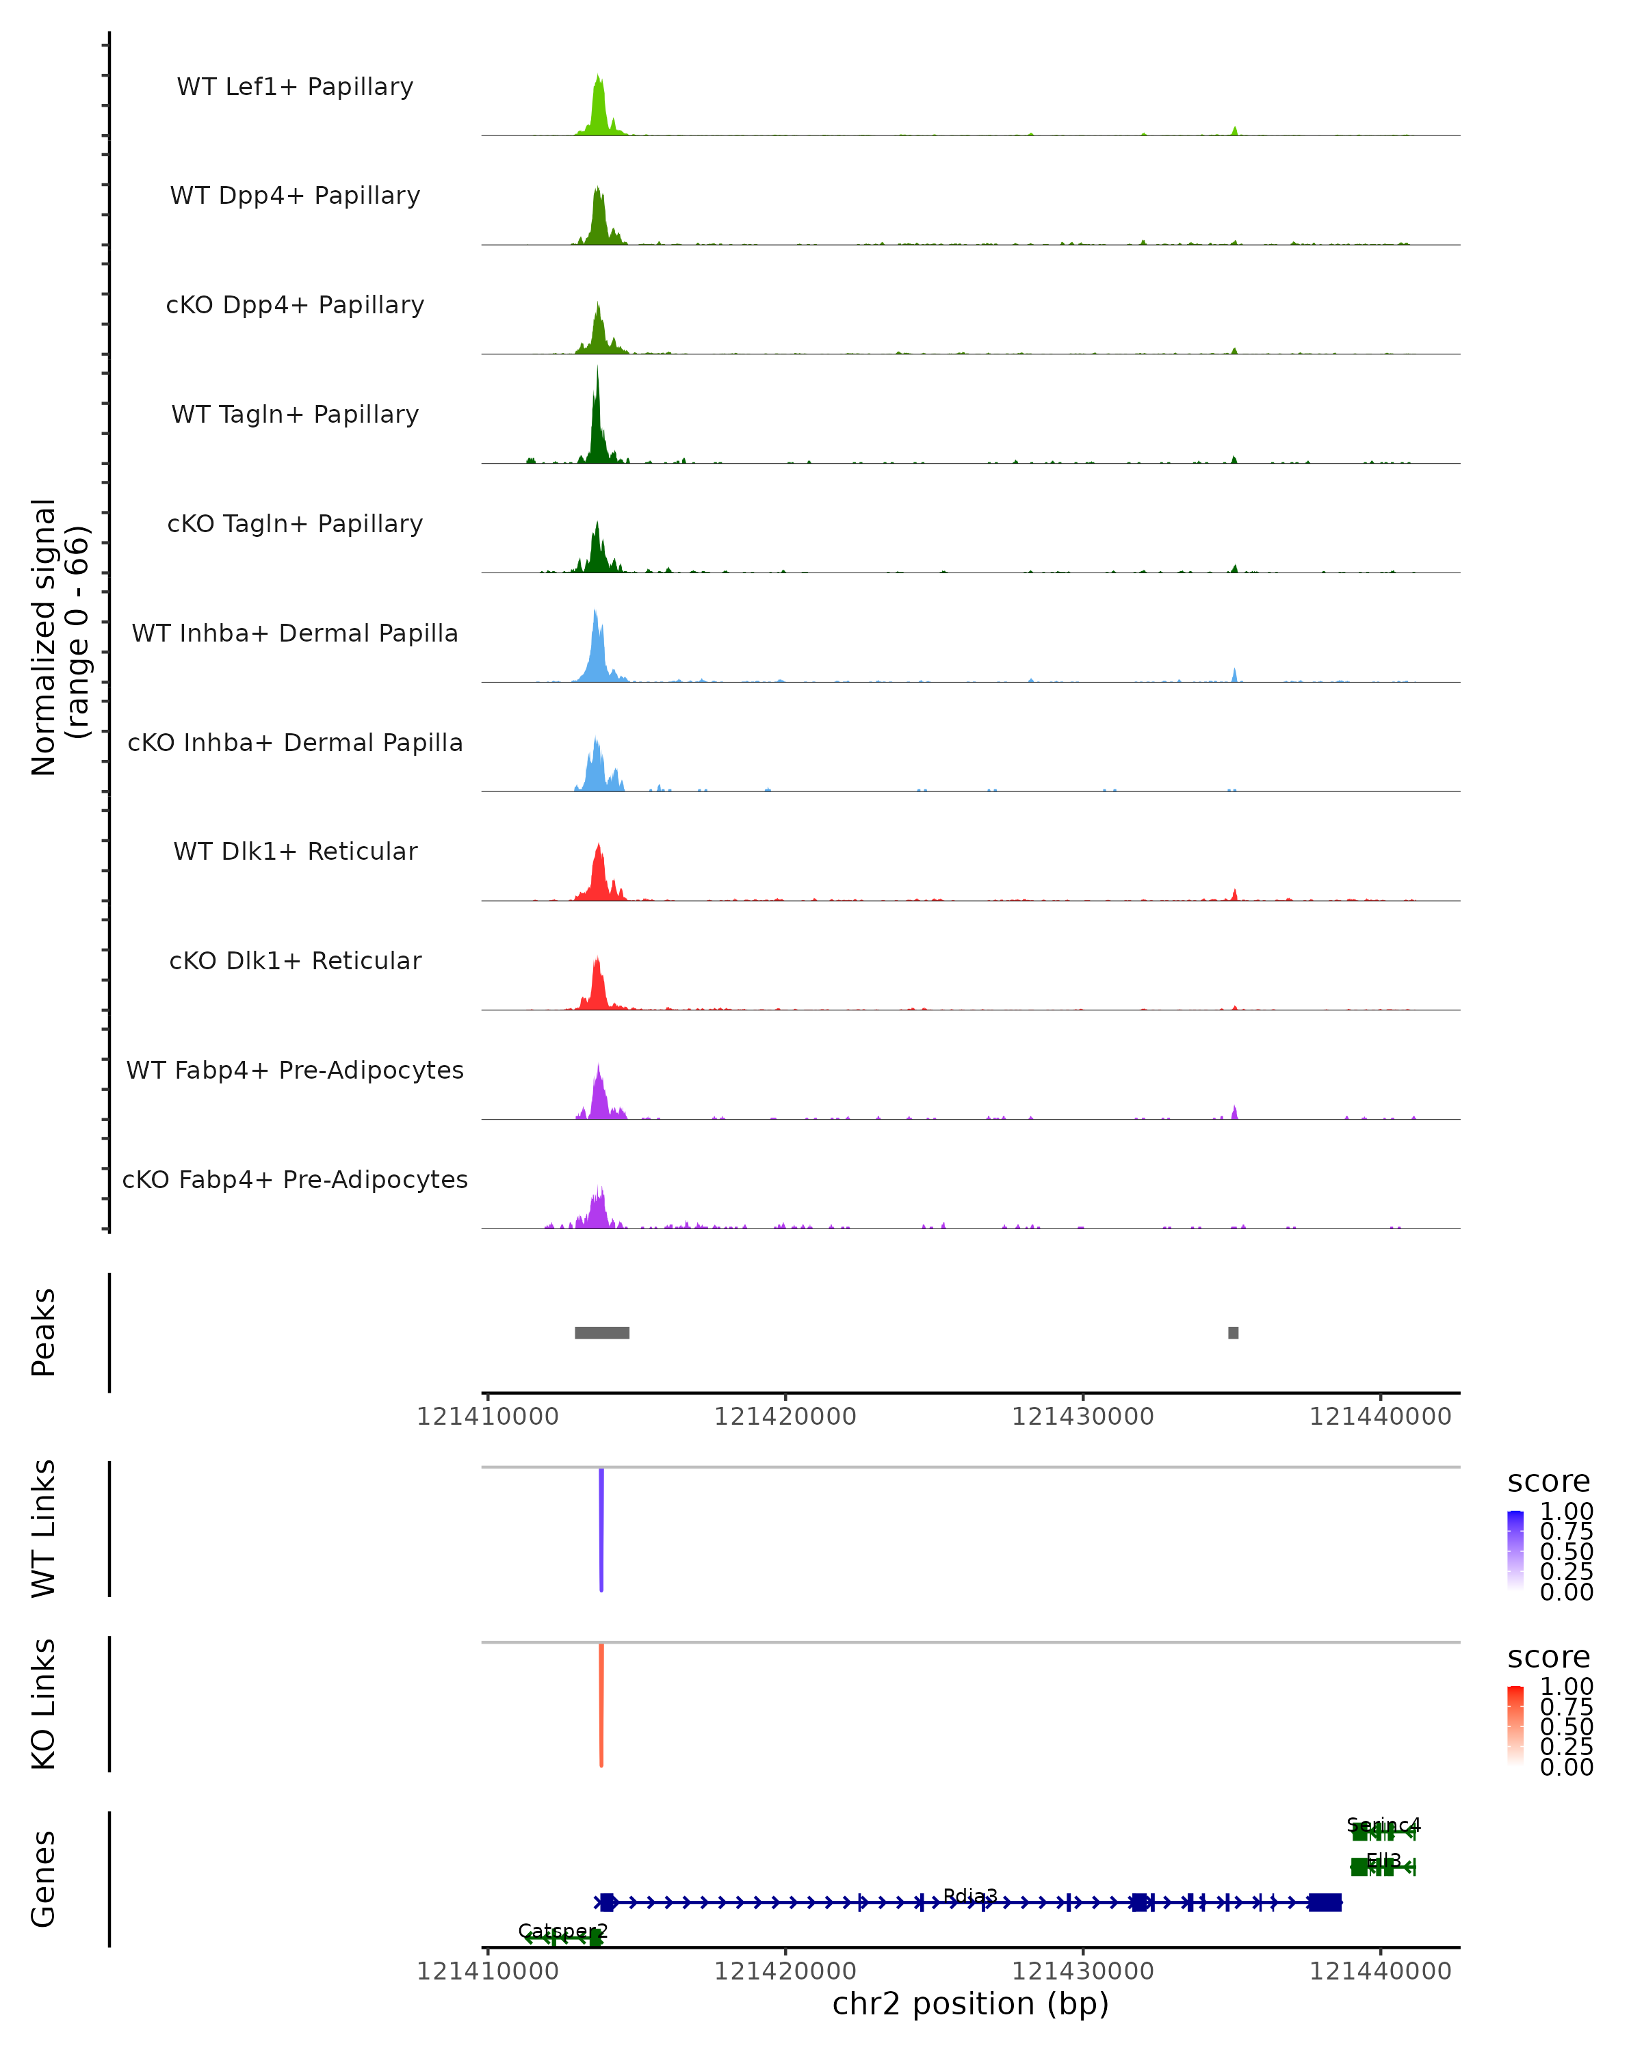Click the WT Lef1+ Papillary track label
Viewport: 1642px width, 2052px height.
295,88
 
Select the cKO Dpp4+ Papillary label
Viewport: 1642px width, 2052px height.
295,306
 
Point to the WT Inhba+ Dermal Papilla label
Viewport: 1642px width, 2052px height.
295,634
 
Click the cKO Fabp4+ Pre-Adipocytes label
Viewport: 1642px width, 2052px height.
295,1180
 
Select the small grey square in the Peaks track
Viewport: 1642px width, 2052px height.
1234,1332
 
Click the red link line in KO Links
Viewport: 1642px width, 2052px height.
601,1704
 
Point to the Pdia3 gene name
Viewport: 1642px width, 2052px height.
970,1897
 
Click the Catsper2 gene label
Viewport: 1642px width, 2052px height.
562,1931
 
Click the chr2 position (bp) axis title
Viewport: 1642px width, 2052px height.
970,2004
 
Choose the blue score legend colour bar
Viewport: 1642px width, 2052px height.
1515,1551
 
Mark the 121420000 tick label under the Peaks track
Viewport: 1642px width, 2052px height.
785,1417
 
